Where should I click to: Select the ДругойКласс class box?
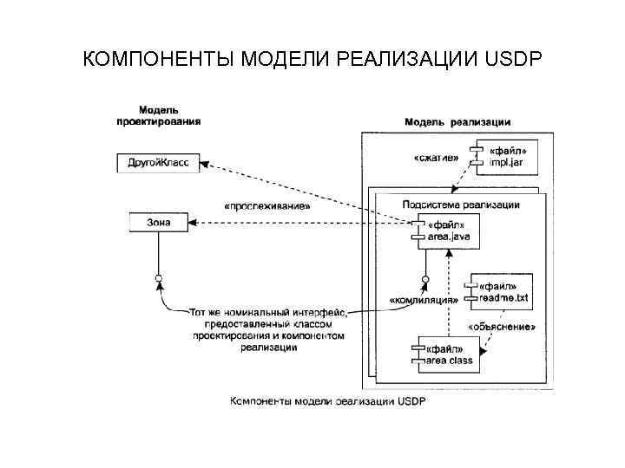(157, 162)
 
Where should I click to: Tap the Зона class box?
(158, 223)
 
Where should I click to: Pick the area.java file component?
(448, 231)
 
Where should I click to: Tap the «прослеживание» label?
(266, 207)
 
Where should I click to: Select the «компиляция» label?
(424, 300)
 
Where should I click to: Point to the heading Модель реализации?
(457, 122)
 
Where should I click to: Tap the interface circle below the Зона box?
(158, 278)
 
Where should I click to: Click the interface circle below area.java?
(425, 280)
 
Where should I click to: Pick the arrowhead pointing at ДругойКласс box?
(207, 164)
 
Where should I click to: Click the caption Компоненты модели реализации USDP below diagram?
(328, 401)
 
